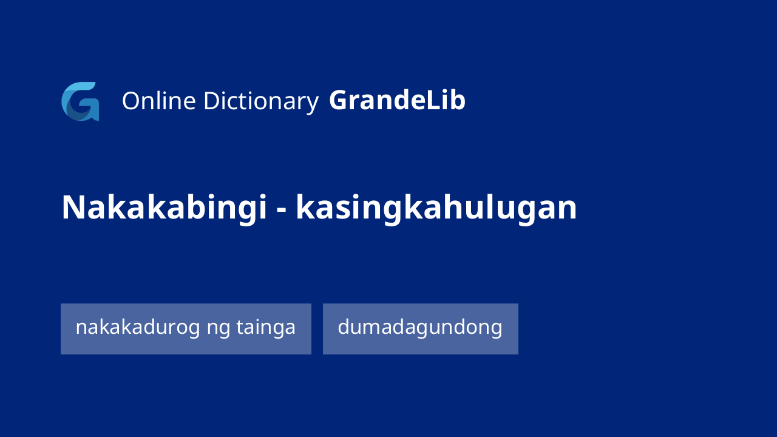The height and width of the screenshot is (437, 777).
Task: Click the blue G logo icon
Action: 80,101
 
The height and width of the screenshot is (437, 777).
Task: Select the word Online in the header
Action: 159,101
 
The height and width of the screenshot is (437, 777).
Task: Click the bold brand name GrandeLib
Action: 397,100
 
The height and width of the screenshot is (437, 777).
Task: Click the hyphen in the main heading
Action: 282,210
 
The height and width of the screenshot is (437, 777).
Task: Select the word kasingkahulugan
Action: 436,208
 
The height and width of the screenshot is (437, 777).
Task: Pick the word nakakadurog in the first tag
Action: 138,327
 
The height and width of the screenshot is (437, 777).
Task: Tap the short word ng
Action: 218,330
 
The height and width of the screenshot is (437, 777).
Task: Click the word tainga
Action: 266,327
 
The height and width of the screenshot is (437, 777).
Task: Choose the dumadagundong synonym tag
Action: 421,329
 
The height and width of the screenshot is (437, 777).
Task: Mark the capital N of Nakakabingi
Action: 73,208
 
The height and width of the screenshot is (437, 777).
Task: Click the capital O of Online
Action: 132,101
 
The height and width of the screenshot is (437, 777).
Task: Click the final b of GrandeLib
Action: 458,100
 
